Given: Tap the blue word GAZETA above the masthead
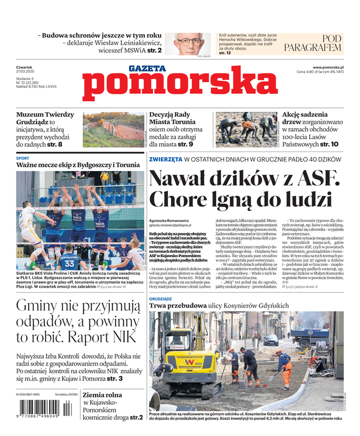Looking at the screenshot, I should [147, 69].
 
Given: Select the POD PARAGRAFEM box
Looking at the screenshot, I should [313, 43].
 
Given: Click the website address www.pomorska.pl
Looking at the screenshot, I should [332, 67].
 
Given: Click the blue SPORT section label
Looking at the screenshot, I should [23, 158].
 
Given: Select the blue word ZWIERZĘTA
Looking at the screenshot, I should [166, 159].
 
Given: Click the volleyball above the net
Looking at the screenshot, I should [104, 177].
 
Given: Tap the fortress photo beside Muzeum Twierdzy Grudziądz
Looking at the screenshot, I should [113, 130].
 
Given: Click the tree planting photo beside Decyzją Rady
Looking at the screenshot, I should [246, 130].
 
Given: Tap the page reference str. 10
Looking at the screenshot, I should [329, 144].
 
